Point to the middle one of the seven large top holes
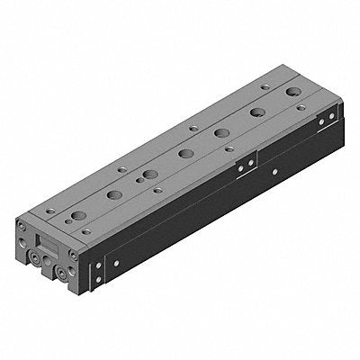point(186,153)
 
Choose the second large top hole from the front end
point(113,194)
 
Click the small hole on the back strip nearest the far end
point(264,87)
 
